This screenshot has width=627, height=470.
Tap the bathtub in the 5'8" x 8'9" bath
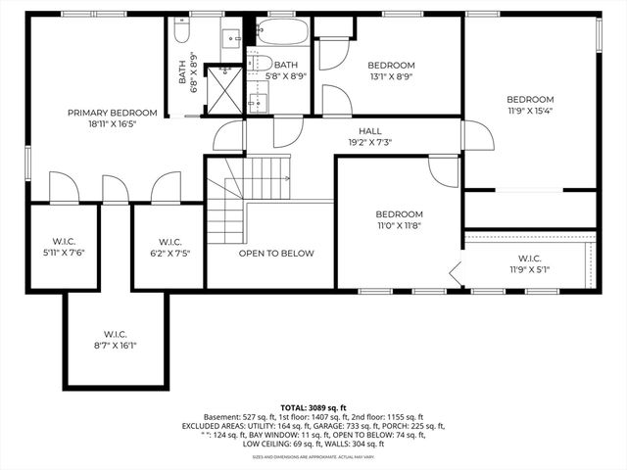[x=285, y=34]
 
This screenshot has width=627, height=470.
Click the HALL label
[x=370, y=130]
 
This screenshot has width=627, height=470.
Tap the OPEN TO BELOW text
[x=276, y=254]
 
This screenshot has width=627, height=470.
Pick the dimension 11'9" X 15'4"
[x=530, y=112]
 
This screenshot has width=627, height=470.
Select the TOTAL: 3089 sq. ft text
[x=313, y=407]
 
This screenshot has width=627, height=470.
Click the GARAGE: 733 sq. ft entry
[x=362, y=427]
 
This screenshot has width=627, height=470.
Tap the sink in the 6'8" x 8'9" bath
[x=233, y=39]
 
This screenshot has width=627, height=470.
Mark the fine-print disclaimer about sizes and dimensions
[x=313, y=456]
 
